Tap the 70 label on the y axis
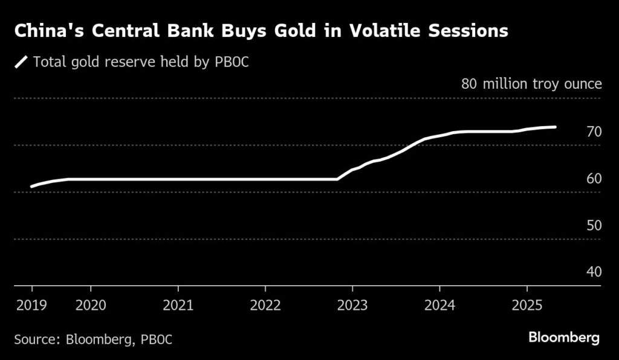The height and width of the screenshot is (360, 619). tap(594, 132)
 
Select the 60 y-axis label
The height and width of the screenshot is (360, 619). tap(594, 179)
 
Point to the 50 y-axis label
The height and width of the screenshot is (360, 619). tap(594, 225)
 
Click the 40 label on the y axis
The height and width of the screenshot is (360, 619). tap(594, 272)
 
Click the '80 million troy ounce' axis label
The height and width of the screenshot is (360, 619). tap(531, 83)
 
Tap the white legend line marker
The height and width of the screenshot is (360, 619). tap(22, 62)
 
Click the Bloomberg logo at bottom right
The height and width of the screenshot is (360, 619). tap(563, 338)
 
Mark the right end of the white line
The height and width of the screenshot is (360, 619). tap(555, 127)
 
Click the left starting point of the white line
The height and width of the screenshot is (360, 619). tap(31, 187)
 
